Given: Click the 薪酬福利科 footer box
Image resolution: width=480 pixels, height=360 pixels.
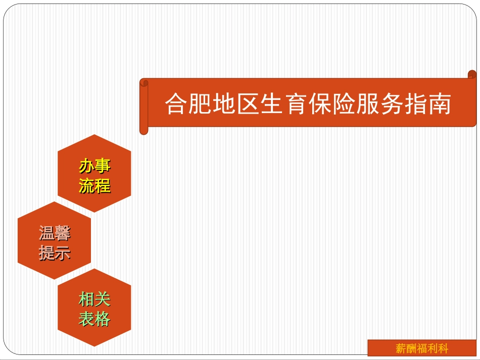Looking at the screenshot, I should tap(421, 348).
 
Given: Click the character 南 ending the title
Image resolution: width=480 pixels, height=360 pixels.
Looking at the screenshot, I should tap(440, 104).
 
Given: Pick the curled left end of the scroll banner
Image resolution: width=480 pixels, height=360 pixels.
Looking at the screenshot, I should tap(144, 106).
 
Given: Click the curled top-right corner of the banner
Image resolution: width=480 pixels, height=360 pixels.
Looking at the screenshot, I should tap(472, 76).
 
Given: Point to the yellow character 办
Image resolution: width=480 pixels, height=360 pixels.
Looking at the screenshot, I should tap(87, 166).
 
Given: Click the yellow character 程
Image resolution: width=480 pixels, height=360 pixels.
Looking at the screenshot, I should tap(103, 186).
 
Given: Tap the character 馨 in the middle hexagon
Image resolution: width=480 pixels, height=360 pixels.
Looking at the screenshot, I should tap(63, 233).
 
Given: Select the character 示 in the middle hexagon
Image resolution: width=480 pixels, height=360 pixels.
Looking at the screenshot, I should tap(63, 252).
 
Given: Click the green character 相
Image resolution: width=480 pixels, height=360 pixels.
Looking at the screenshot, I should tap(87, 299).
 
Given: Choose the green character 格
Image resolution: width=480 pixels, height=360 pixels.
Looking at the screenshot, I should tap(103, 319).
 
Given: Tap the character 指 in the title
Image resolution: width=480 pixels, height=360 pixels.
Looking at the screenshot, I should tap(415, 104).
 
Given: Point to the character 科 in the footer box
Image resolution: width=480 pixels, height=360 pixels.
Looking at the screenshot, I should tap(443, 348).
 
